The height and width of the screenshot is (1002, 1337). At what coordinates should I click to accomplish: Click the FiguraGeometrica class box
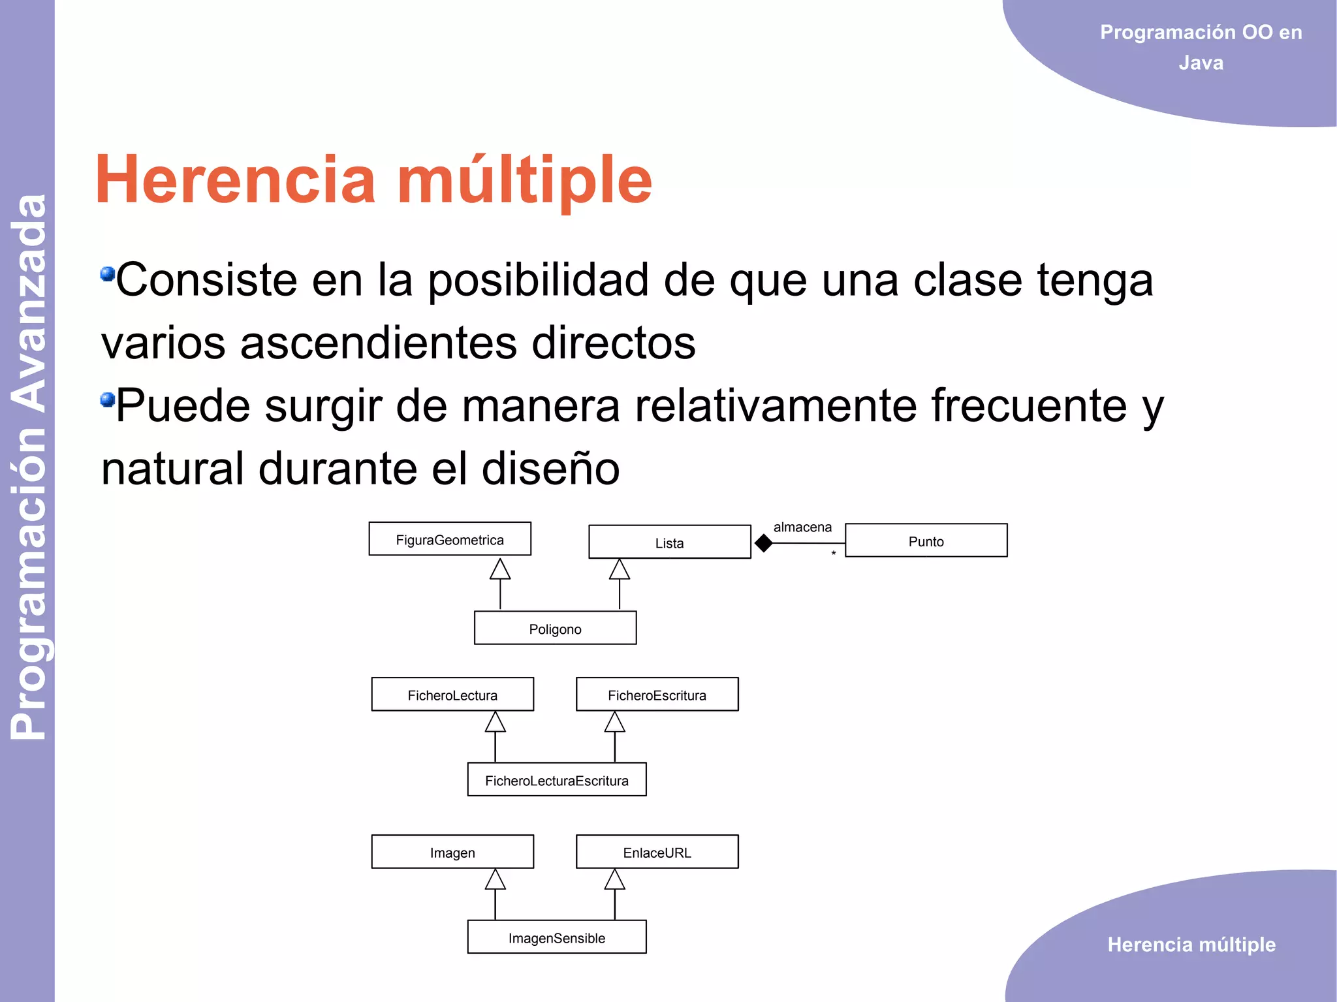coord(450,539)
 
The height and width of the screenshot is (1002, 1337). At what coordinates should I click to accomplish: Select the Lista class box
coord(669,542)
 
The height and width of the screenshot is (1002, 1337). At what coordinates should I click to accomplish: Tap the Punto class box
coord(926,540)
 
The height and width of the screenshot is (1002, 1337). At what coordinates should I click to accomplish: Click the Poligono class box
coord(555,629)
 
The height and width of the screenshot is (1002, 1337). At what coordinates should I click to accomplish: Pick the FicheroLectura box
coord(452,695)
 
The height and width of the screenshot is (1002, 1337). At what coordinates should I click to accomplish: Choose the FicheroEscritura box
coord(657,695)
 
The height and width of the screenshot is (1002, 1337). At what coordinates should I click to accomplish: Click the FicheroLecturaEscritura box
coord(556,780)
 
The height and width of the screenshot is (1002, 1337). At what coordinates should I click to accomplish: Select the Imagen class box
coord(452,852)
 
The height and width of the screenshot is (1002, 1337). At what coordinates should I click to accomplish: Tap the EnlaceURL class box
coord(657,852)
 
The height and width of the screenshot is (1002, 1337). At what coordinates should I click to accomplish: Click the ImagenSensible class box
coord(556,937)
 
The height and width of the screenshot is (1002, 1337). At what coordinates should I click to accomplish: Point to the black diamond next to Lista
coord(763,542)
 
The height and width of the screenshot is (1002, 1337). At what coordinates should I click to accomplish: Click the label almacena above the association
coord(802,527)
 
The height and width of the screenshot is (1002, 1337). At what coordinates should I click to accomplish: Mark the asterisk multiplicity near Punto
coord(834,554)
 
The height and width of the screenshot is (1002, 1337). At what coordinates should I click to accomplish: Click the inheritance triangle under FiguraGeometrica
coord(500,569)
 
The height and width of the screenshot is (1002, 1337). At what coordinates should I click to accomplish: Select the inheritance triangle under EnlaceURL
coord(614,880)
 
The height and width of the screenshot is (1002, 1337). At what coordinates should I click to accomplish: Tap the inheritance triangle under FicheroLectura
coord(495,723)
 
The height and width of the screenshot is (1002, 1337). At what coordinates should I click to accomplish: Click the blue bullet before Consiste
coord(108,274)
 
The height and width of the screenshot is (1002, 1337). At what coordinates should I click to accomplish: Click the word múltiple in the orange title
coord(524,180)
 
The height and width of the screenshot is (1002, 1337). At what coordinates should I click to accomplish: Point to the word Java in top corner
coord(1201,63)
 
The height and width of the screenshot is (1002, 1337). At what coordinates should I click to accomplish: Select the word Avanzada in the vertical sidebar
coord(29,304)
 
